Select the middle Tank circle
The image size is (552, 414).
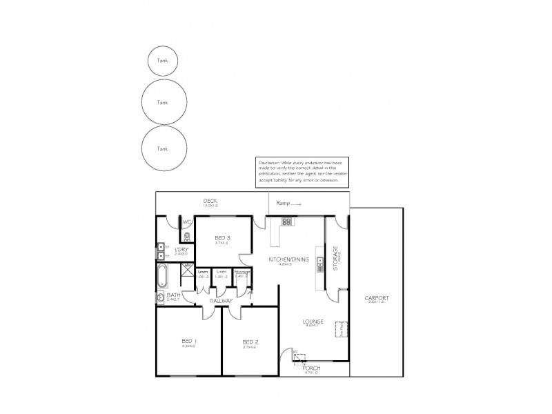[x=163, y=102]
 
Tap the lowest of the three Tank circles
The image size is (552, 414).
[x=163, y=148]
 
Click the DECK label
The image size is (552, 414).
[x=210, y=201]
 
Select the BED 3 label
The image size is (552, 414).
[x=222, y=238]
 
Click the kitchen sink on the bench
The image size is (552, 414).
[x=320, y=263]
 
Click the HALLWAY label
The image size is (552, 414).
[x=222, y=301]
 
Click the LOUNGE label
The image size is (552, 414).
[x=313, y=322]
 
